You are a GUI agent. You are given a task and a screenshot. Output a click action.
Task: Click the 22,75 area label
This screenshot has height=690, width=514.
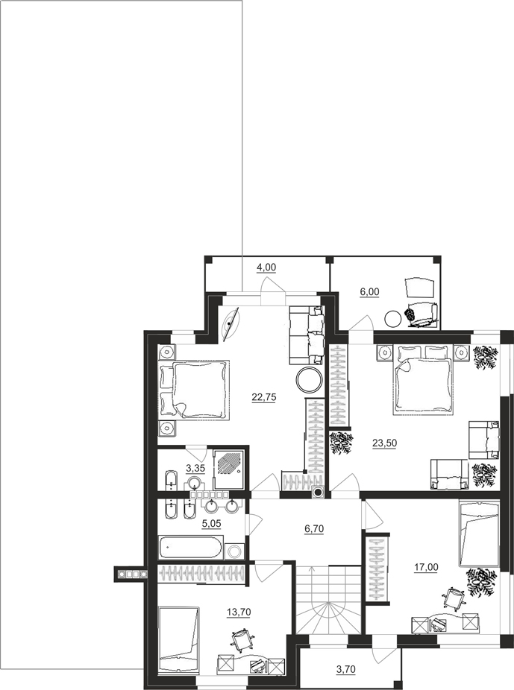tap(264, 397)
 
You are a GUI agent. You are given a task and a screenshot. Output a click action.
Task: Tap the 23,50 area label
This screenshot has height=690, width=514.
tap(384, 443)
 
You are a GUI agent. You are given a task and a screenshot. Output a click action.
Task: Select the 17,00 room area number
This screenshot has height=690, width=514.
tap(426, 567)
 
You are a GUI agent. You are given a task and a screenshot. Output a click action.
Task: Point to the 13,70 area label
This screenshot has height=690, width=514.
tap(238, 613)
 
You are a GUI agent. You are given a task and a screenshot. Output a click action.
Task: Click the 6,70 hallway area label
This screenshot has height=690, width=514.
tap(314, 529)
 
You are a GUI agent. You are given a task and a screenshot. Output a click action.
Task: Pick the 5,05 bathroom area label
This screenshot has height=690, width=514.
tap(211, 524)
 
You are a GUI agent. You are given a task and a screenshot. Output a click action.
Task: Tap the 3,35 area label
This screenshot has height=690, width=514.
tap(195, 468)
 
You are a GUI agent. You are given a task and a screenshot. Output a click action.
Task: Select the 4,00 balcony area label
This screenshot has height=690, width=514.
tap(266, 267)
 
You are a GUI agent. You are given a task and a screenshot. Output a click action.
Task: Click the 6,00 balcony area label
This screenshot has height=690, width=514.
tap(369, 292)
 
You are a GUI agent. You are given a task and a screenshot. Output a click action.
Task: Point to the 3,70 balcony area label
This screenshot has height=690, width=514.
tap(345, 670)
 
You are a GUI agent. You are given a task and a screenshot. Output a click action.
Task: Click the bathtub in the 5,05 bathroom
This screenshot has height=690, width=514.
tap(191, 547)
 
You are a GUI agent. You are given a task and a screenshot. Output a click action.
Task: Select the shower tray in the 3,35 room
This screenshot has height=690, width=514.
tap(228, 469)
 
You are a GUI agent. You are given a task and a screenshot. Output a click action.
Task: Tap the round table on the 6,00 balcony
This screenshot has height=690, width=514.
tap(393, 319)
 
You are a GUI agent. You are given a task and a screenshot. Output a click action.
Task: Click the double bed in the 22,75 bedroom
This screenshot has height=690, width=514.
tap(195, 390)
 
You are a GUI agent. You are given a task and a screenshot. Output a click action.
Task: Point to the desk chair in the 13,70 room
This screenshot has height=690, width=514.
tap(242, 640)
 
